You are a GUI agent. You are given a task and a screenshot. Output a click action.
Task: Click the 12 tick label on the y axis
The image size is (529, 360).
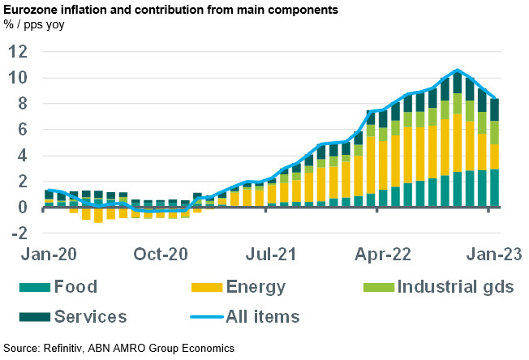click(17, 52)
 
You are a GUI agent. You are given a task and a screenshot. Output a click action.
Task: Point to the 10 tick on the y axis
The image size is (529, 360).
click(17, 78)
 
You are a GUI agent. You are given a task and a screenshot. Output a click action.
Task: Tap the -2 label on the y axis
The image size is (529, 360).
click(17, 234)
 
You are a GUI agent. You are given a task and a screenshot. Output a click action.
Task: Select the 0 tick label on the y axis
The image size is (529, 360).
click(22, 208)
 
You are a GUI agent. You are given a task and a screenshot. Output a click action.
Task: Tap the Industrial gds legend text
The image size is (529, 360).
click(455, 287)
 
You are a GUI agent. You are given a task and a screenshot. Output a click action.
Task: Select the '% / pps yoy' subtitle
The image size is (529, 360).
click(35, 25)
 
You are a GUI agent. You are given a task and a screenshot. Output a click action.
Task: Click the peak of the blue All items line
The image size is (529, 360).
click(458, 71)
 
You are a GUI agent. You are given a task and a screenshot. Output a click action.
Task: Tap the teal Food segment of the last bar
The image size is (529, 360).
click(492, 188)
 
